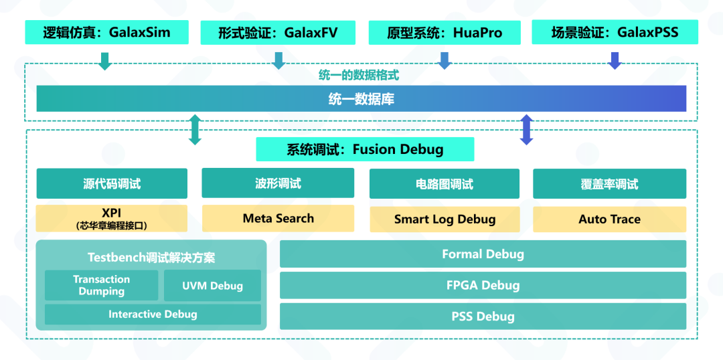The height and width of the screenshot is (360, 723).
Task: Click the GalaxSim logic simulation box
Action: tap(105, 32)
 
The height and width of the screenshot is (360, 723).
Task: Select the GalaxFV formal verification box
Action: tap(278, 32)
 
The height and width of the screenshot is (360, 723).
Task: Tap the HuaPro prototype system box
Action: tap(444, 32)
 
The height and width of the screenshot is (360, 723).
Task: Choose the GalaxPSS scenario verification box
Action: tap(615, 32)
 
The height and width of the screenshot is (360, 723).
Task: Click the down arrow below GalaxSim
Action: tap(105, 61)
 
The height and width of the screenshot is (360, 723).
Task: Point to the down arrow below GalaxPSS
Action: tap(615, 61)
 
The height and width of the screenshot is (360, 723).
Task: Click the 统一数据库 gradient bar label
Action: tap(361, 99)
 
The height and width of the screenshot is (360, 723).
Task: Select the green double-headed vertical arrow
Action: tap(195, 130)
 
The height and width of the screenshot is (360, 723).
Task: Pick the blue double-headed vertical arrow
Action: tap(526, 130)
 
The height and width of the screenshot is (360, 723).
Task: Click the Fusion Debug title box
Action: tap(365, 149)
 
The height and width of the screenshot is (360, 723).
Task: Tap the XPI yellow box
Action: tap(111, 219)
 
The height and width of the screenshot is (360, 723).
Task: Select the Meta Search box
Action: tap(278, 218)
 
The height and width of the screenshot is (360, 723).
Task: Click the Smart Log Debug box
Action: tap(445, 219)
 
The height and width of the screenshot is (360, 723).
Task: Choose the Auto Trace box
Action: tap(609, 219)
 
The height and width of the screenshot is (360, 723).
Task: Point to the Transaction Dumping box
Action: tap(102, 285)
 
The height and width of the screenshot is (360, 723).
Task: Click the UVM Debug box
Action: tap(212, 286)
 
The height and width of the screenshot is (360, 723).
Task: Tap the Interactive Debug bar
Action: tap(153, 314)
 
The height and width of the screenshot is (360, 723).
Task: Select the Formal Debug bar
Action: tap(483, 254)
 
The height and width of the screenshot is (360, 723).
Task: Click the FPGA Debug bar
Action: tap(483, 285)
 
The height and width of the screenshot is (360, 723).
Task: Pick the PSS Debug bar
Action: tap(483, 317)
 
